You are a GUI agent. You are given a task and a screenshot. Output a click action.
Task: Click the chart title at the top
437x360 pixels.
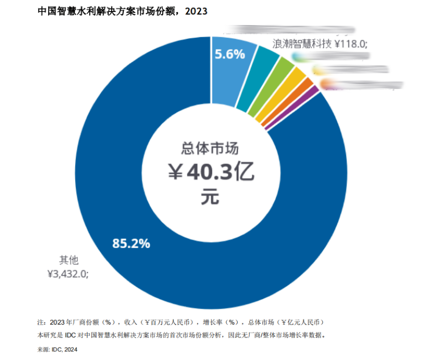click(122, 11)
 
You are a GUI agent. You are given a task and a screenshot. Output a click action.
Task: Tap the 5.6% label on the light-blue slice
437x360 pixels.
click(230, 54)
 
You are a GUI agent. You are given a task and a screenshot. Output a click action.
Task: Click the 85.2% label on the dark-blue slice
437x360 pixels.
click(131, 243)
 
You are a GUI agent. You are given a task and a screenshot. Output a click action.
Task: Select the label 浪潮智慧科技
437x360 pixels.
click(302, 44)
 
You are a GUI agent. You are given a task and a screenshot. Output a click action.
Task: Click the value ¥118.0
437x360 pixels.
click(351, 44)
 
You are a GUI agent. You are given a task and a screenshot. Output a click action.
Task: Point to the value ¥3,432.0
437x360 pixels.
click(68, 274)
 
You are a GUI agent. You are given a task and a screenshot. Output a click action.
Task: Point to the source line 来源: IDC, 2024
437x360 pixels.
click(58, 349)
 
